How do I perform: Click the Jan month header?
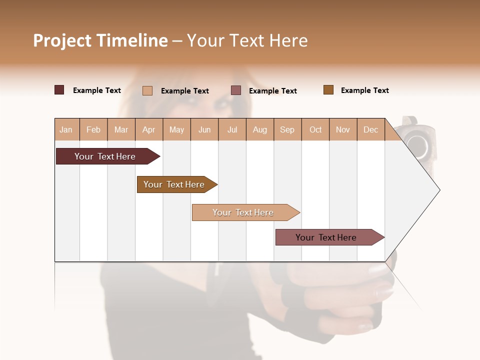click(x=66, y=129)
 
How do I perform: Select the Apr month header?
click(x=149, y=129)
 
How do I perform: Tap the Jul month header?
click(x=232, y=129)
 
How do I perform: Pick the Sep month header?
click(x=287, y=129)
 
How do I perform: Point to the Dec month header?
click(x=370, y=129)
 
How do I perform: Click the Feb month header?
click(x=93, y=129)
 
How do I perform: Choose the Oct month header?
click(x=315, y=129)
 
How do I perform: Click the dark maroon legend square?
click(x=59, y=90)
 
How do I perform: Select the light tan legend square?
click(x=147, y=90)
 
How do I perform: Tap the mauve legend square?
click(x=236, y=90)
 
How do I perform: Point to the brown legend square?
click(x=328, y=90)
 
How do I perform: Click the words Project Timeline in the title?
click(x=100, y=40)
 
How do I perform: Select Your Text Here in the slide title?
click(x=247, y=40)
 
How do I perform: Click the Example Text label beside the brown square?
click(x=364, y=90)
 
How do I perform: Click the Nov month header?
click(x=343, y=129)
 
